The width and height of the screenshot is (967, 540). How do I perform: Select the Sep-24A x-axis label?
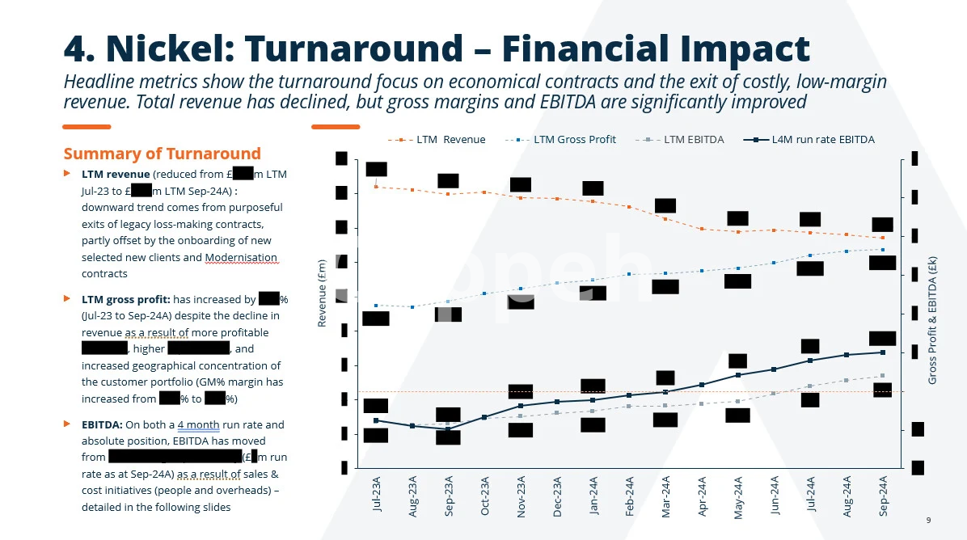pyautogui.click(x=883, y=496)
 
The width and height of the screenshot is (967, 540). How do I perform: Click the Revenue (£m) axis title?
pyautogui.click(x=322, y=293)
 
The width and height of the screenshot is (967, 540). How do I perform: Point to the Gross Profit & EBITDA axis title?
pyautogui.click(x=932, y=320)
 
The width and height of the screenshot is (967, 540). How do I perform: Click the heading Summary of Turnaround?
pyautogui.click(x=162, y=154)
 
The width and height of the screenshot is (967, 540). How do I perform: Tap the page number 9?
pyautogui.click(x=928, y=520)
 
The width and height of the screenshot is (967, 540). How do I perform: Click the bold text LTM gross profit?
pyautogui.click(x=125, y=299)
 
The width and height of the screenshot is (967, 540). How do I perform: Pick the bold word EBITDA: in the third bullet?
pyautogui.click(x=102, y=424)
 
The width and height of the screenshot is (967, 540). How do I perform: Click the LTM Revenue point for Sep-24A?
pyautogui.click(x=883, y=238)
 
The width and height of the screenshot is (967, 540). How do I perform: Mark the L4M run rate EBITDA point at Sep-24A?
pyautogui.click(x=883, y=352)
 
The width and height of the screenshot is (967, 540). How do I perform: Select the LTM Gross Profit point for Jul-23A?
pyautogui.click(x=377, y=306)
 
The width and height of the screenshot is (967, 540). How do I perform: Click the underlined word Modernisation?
pyautogui.click(x=241, y=258)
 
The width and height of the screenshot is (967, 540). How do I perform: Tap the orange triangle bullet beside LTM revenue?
pyautogui.click(x=67, y=174)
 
